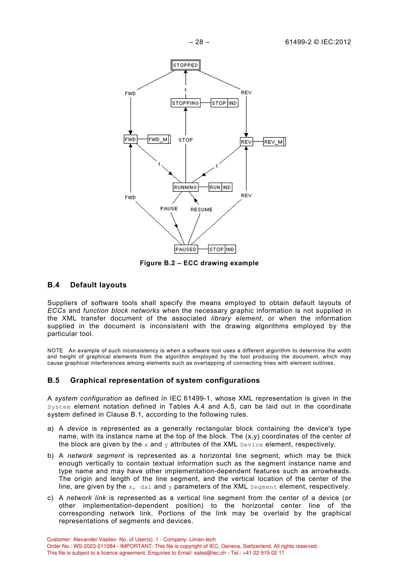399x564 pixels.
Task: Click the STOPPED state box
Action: pyautogui.click(x=186, y=65)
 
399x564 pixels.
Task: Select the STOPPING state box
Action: pyautogui.click(x=186, y=103)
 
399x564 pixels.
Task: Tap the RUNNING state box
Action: pyautogui.click(x=185, y=187)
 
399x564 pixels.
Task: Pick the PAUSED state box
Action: pyautogui.click(x=186, y=249)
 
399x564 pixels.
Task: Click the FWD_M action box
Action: pyautogui.click(x=159, y=139)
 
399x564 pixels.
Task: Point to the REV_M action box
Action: pyautogui.click(x=274, y=142)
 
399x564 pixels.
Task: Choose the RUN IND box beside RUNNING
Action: pyautogui.click(x=220, y=187)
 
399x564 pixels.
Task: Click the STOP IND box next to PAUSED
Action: pyautogui.click(x=222, y=249)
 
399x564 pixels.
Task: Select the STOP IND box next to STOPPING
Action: pyautogui.click(x=224, y=103)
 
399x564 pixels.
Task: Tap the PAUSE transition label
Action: pyautogui.click(x=169, y=209)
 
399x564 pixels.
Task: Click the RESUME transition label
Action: pyautogui.click(x=201, y=210)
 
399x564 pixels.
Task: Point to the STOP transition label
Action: pyautogui.click(x=186, y=140)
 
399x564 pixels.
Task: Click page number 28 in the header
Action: pyautogui.click(x=199, y=42)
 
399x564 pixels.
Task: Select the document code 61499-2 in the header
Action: pyautogui.click(x=298, y=42)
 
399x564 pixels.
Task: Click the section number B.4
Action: pyautogui.click(x=53, y=285)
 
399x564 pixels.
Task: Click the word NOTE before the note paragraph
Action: pyautogui.click(x=55, y=351)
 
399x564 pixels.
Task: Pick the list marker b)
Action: pyautogui.click(x=51, y=456)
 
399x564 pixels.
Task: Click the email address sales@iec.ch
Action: pyautogui.click(x=210, y=553)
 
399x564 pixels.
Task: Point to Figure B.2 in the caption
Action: pyautogui.click(x=157, y=263)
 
